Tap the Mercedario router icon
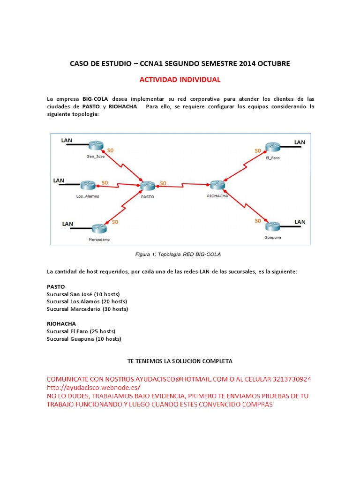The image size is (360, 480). (x=99, y=228)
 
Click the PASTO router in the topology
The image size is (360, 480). (x=147, y=186)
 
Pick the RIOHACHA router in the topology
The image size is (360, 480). (x=217, y=185)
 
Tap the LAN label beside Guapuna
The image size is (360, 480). (x=300, y=221)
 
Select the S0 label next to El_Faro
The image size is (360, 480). (x=257, y=150)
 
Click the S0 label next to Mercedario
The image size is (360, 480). (x=115, y=221)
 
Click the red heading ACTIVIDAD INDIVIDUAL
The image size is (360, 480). (x=180, y=80)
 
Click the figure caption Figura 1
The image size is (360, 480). (x=178, y=254)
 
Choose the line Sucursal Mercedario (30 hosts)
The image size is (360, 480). (x=87, y=309)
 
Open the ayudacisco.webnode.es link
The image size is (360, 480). (x=93, y=388)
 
